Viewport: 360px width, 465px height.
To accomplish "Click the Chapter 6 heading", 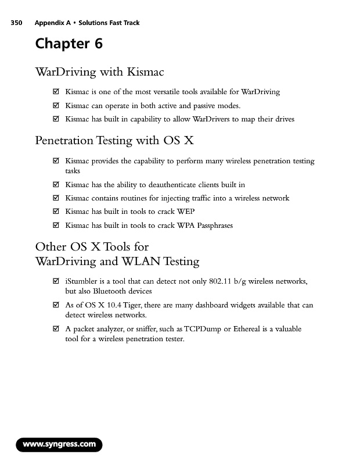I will coord(69,44).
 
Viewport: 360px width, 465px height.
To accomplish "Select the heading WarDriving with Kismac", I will coord(99,72).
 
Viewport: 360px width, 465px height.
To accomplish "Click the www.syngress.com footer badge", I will coord(59,445).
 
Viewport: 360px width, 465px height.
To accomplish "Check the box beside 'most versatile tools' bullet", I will coord(56,92).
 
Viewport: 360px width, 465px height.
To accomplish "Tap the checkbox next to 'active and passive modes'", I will coord(56,106).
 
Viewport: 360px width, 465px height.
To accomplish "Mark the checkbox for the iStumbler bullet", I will coord(56,282).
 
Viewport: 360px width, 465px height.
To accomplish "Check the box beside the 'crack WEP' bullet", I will coord(56,212).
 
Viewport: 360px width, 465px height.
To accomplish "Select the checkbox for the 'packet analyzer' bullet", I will coord(56,329).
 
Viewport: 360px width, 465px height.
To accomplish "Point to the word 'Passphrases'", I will coord(213,225).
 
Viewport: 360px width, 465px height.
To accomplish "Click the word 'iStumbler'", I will coord(82,282).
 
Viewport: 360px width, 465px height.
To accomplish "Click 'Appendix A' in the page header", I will coord(52,23).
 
